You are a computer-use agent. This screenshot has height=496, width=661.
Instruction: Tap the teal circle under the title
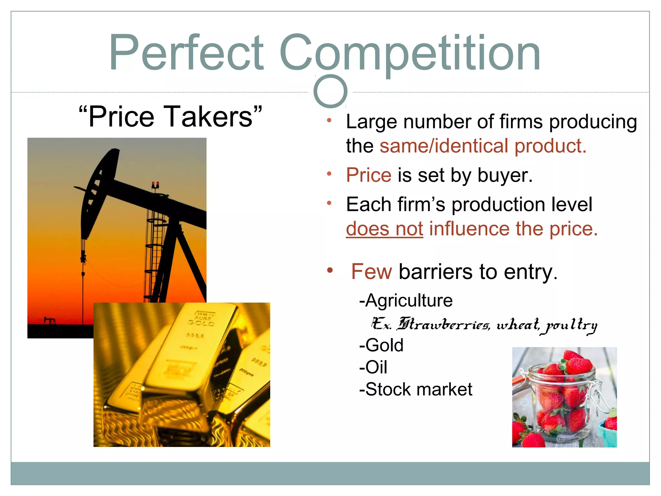[x=330, y=91]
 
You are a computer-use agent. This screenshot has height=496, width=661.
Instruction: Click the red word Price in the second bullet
[x=369, y=175]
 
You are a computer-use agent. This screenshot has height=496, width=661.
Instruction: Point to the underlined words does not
[x=384, y=229]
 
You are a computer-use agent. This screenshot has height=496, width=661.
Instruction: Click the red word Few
[x=371, y=272]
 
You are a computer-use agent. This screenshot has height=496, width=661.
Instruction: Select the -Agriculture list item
[x=406, y=301]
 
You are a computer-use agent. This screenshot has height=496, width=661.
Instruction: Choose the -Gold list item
[x=381, y=345]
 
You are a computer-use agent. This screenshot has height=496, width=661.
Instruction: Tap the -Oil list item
[x=373, y=367]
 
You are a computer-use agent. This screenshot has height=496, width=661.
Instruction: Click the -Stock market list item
[x=416, y=389]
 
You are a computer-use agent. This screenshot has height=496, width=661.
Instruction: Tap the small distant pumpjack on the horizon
[x=50, y=320]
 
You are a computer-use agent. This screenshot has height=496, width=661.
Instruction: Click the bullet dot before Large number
[x=329, y=121]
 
